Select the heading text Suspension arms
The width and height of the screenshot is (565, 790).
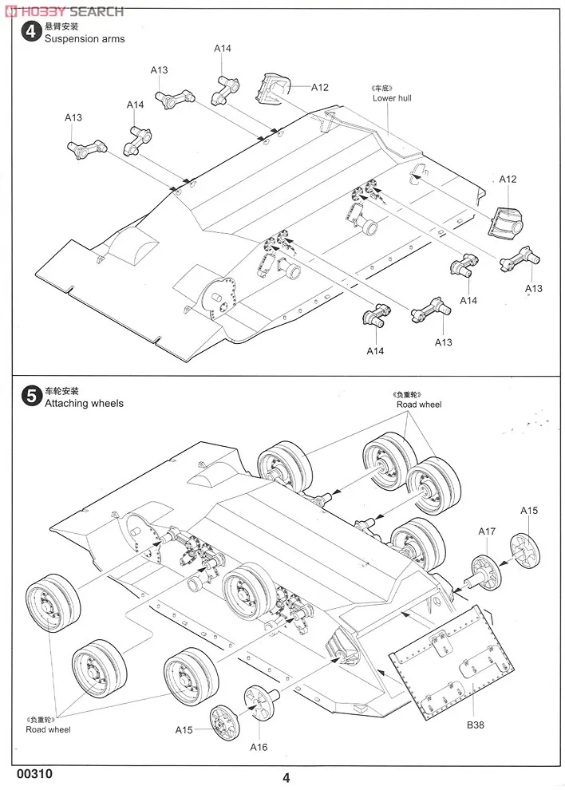(85, 39)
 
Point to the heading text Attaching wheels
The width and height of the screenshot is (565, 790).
(84, 404)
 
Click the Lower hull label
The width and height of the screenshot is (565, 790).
(392, 98)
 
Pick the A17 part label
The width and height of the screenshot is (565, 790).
(487, 531)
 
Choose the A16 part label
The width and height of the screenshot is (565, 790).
(258, 747)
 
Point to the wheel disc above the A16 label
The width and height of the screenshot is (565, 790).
(261, 704)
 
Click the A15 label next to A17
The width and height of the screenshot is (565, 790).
(529, 511)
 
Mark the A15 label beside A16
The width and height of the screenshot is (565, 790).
(184, 729)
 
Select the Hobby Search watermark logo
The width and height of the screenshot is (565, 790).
(64, 10)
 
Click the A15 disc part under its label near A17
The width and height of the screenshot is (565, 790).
(526, 551)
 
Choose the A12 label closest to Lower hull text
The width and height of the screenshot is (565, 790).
(320, 87)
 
